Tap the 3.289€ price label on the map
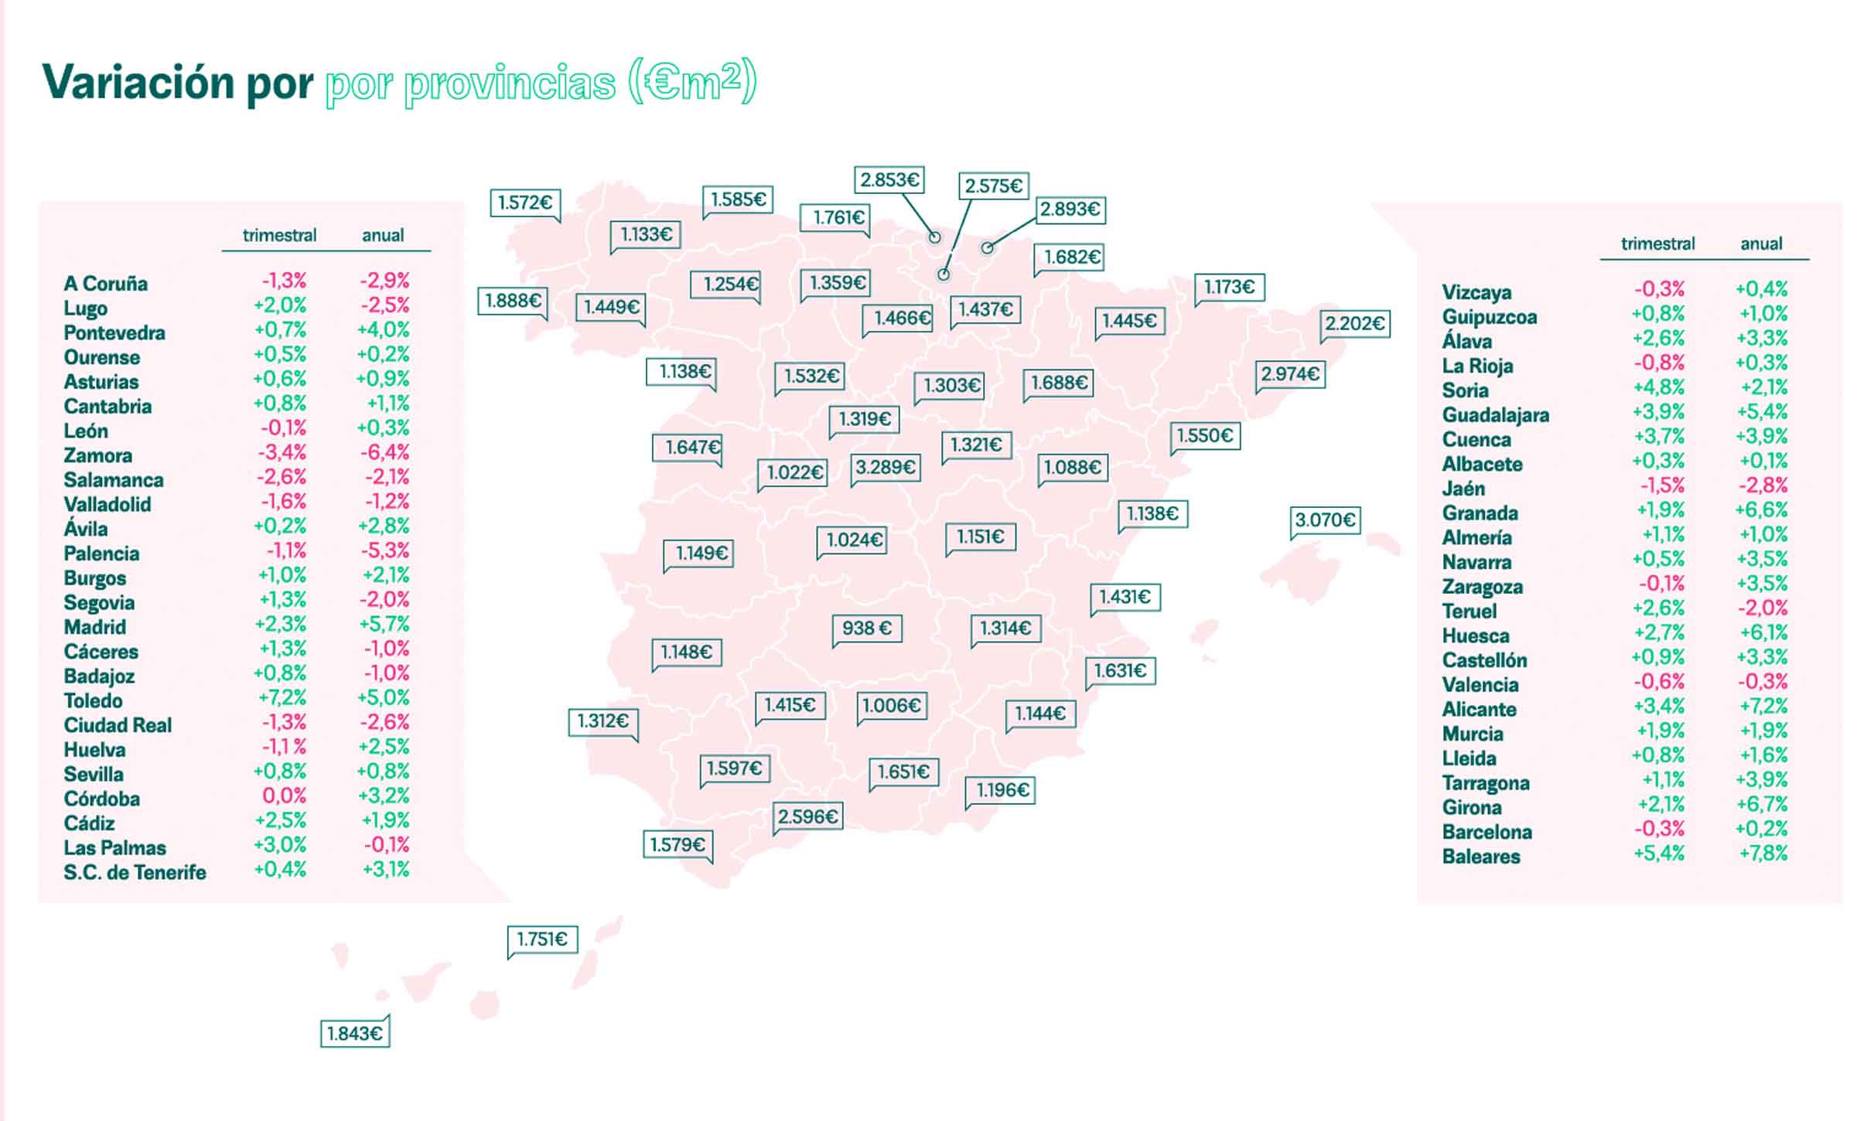(885, 468)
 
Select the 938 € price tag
(867, 628)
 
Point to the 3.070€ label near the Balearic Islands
(1325, 520)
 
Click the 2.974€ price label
(1290, 374)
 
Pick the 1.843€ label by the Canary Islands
(355, 1034)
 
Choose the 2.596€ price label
(807, 816)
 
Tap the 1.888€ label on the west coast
(513, 300)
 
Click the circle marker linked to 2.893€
(987, 248)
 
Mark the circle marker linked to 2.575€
(944, 274)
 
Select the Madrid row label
(94, 627)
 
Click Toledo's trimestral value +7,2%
(282, 697)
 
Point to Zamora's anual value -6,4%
(384, 452)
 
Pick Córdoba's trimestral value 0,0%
(284, 796)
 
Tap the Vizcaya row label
(1476, 292)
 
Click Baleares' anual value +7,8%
(1763, 854)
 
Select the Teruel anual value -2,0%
(1763, 608)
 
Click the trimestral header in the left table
(279, 235)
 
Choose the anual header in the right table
(1761, 244)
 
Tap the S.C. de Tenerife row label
(135, 872)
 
